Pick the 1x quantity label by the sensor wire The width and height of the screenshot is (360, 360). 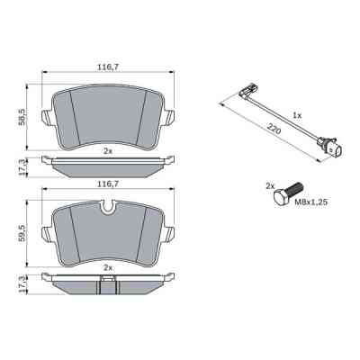pos(298,116)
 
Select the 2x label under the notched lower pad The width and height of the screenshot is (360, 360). pos(107,268)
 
